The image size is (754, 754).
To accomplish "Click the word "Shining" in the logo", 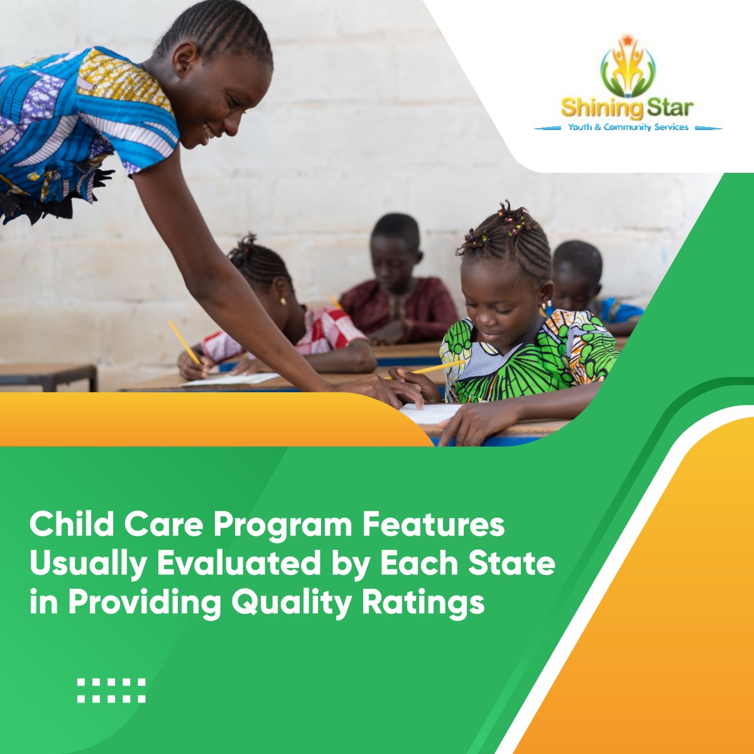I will pyautogui.click(x=602, y=107).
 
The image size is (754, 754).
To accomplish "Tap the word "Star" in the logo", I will pyautogui.click(x=670, y=107).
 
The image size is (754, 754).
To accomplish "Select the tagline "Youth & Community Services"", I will pyautogui.click(x=628, y=127).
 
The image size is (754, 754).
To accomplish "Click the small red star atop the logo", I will pyautogui.click(x=626, y=41).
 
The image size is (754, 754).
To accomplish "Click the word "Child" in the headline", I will pyautogui.click(x=68, y=525).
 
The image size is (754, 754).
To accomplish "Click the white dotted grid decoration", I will pyautogui.click(x=111, y=690).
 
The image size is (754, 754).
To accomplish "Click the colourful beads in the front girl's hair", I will pyautogui.click(x=496, y=226).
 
